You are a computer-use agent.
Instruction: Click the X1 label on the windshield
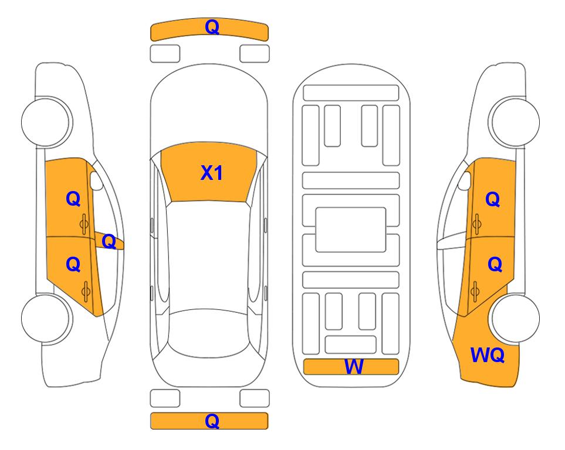212,173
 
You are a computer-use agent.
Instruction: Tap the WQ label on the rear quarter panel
487,355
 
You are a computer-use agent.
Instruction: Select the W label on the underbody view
353,367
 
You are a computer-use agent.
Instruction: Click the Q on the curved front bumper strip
212,27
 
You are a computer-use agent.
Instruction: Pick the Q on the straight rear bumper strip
212,421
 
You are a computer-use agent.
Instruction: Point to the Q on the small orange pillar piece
109,241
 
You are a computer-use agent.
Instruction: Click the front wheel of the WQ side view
514,122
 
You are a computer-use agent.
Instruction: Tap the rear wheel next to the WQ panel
514,318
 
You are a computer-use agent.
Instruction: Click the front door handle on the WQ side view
476,224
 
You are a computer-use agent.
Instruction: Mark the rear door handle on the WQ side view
475,292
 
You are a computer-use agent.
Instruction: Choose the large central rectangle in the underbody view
351,230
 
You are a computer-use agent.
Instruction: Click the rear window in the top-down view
209,333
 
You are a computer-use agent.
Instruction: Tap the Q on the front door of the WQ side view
493,199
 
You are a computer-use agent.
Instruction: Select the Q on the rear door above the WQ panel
495,265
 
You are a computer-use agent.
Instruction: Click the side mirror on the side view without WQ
96,181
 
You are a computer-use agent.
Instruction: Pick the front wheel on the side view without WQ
47,122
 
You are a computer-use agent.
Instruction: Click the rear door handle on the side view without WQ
86,292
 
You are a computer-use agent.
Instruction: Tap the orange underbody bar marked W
351,367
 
